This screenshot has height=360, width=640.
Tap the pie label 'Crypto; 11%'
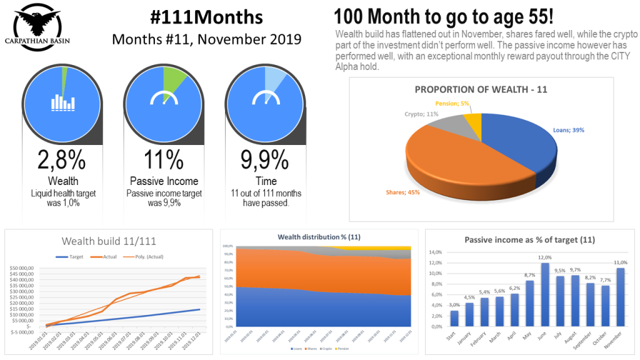422,114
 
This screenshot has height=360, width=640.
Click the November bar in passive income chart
620,297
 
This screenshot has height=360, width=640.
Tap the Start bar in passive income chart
454,318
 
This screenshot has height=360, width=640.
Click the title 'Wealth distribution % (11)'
319,237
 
